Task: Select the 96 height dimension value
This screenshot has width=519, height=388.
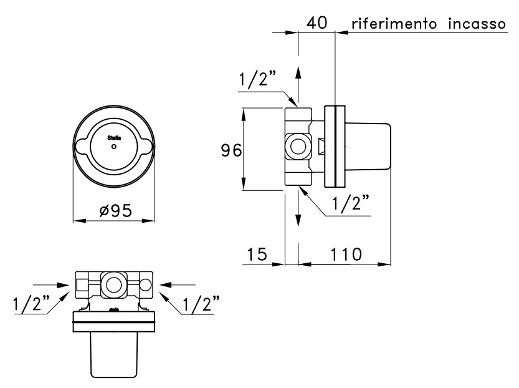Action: point(231,151)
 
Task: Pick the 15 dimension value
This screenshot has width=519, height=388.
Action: point(255,254)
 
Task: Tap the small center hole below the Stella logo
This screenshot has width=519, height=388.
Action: point(113,147)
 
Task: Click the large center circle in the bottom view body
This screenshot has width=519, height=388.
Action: point(114,284)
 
